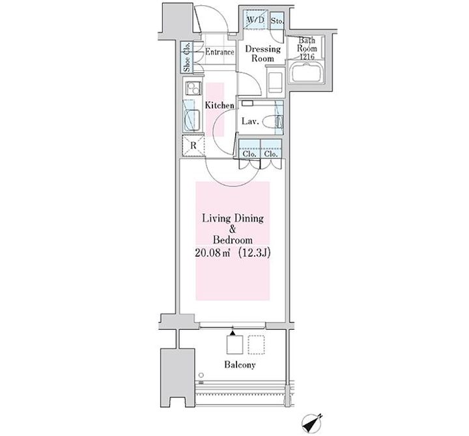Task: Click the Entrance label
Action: click(x=220, y=52)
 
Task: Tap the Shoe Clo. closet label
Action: click(x=187, y=57)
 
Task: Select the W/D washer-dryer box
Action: click(x=255, y=20)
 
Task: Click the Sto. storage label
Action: click(x=277, y=21)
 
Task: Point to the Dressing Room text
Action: click(x=263, y=53)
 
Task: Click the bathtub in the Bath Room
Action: click(x=307, y=73)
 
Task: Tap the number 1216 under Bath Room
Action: click(x=307, y=56)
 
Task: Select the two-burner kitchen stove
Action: click(x=193, y=88)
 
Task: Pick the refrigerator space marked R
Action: click(x=193, y=146)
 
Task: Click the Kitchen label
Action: click(x=220, y=106)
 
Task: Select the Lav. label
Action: click(x=250, y=121)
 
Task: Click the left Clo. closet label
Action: click(x=249, y=154)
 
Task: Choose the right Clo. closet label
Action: click(x=271, y=154)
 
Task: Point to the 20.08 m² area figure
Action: click(x=212, y=253)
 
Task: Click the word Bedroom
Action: click(x=233, y=240)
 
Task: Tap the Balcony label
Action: click(x=240, y=365)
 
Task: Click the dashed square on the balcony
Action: click(x=257, y=345)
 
